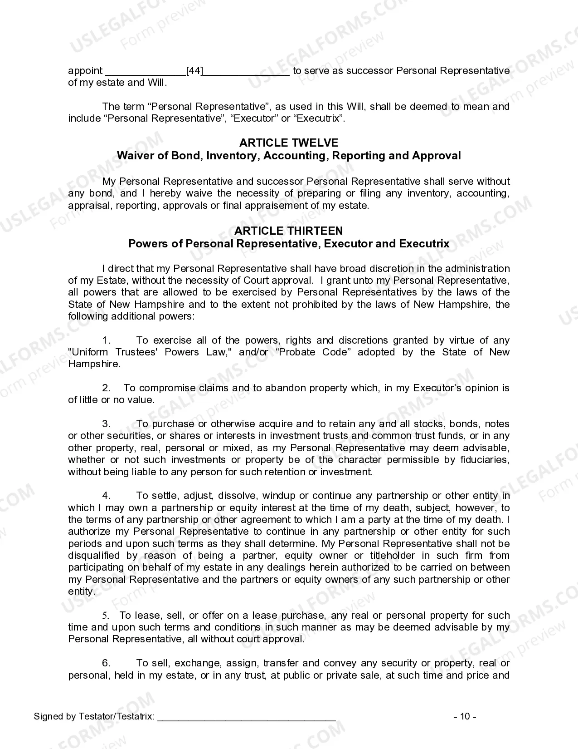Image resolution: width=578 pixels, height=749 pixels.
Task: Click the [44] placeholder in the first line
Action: point(195,71)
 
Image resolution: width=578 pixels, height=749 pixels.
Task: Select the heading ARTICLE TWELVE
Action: point(289,143)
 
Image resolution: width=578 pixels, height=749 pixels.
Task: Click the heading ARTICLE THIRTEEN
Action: point(289,231)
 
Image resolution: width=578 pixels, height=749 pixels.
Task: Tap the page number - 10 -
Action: point(465,716)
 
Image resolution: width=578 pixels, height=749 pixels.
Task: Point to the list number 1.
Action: point(106,340)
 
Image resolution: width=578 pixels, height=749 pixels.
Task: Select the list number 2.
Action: point(106,388)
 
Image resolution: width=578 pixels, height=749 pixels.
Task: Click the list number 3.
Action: point(106,424)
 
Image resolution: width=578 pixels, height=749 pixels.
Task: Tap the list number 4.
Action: point(106,496)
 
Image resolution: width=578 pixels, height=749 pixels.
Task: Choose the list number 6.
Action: point(106,663)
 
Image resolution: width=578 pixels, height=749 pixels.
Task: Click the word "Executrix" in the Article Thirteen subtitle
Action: point(424,244)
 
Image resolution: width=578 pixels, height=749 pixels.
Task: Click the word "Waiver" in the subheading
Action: point(133,156)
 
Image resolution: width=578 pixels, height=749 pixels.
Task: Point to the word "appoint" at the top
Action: point(85,71)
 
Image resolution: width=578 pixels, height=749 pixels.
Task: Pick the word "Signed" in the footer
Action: point(47,717)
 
